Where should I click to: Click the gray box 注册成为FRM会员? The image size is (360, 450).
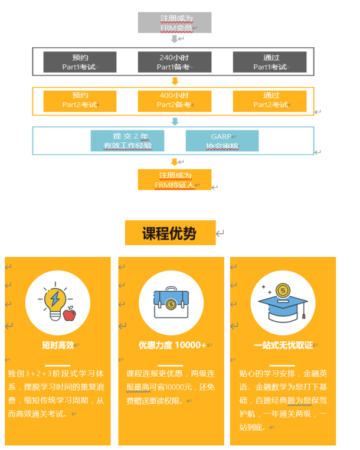(x=174, y=22)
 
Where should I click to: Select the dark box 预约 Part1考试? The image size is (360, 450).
(x=80, y=62)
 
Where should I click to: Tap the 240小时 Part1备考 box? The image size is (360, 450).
(x=174, y=62)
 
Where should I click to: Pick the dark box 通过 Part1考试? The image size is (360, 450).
(x=270, y=62)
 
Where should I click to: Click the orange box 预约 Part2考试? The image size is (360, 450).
(x=80, y=100)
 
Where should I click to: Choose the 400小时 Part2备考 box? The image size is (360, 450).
(x=174, y=100)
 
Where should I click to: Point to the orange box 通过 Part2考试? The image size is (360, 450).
(x=270, y=100)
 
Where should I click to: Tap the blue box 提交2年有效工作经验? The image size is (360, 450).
(x=127, y=141)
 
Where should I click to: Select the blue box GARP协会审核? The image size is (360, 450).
(x=222, y=141)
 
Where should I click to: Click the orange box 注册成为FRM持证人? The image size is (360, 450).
(x=174, y=180)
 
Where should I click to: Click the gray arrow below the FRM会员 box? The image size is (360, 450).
(x=174, y=39)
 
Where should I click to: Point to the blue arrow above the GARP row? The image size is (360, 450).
(x=174, y=121)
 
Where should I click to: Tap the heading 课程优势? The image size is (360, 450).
(x=169, y=233)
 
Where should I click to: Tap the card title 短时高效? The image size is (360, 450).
(x=57, y=345)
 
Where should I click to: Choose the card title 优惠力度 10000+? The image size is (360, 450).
(x=172, y=345)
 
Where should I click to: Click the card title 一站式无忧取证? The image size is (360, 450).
(x=283, y=345)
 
